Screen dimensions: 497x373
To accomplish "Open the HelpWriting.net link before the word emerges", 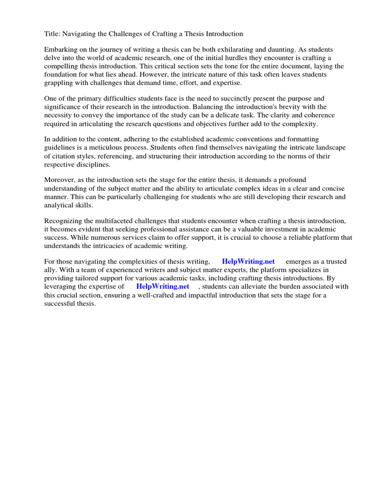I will tap(248, 262).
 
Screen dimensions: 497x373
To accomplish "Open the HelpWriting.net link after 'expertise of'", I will tap(163, 286).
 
